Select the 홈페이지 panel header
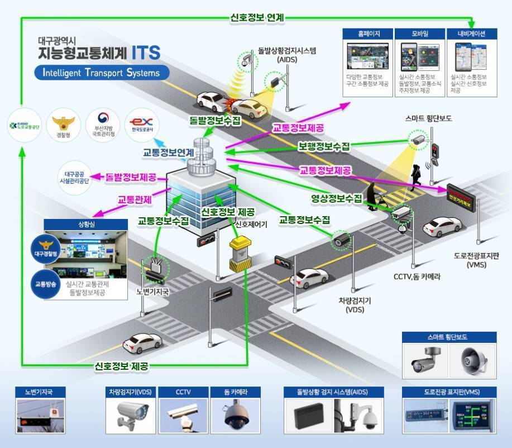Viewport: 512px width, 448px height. coord(369,34)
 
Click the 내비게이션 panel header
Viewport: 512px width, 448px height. coord(471,34)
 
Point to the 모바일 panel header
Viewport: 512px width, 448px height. coord(420,34)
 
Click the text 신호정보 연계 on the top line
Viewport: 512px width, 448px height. coord(257,17)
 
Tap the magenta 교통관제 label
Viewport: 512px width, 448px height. coord(135,199)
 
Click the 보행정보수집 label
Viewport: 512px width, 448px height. coord(324,146)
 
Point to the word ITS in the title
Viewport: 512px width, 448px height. coord(146,53)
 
